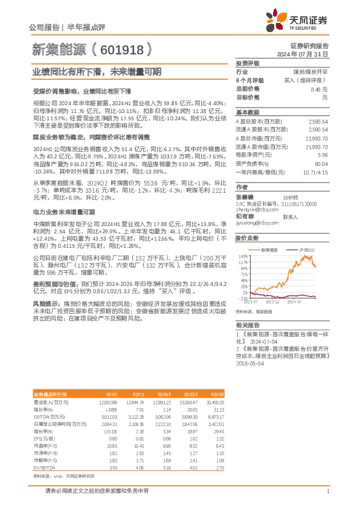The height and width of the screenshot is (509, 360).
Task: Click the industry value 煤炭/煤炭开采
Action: [311, 71]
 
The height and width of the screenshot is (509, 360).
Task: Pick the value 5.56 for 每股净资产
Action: [322, 155]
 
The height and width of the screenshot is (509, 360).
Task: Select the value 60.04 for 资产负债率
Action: [321, 163]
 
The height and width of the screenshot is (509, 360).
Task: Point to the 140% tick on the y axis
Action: [242, 256]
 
